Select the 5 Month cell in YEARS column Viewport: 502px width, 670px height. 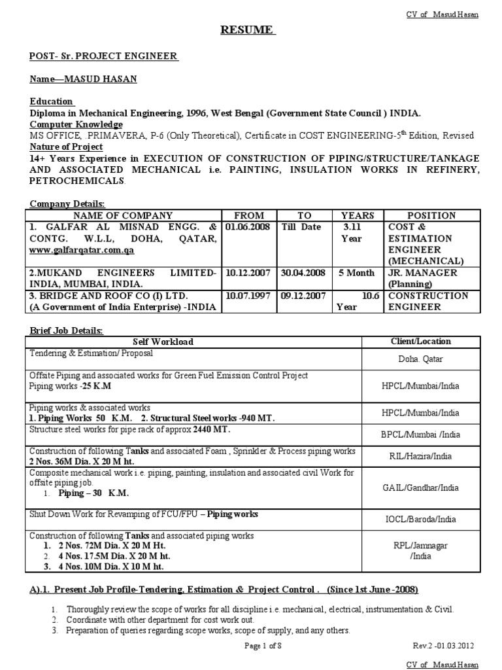coord(356,272)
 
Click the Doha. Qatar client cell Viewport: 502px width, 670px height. coord(429,359)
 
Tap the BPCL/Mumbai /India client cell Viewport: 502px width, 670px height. coord(429,434)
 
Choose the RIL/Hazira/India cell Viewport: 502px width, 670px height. coord(429,456)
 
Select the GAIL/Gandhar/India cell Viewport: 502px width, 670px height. coord(429,487)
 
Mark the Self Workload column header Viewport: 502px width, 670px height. coord(163,342)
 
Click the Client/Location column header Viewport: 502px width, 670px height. coord(429,341)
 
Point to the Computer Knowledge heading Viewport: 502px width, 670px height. coord(76,124)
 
